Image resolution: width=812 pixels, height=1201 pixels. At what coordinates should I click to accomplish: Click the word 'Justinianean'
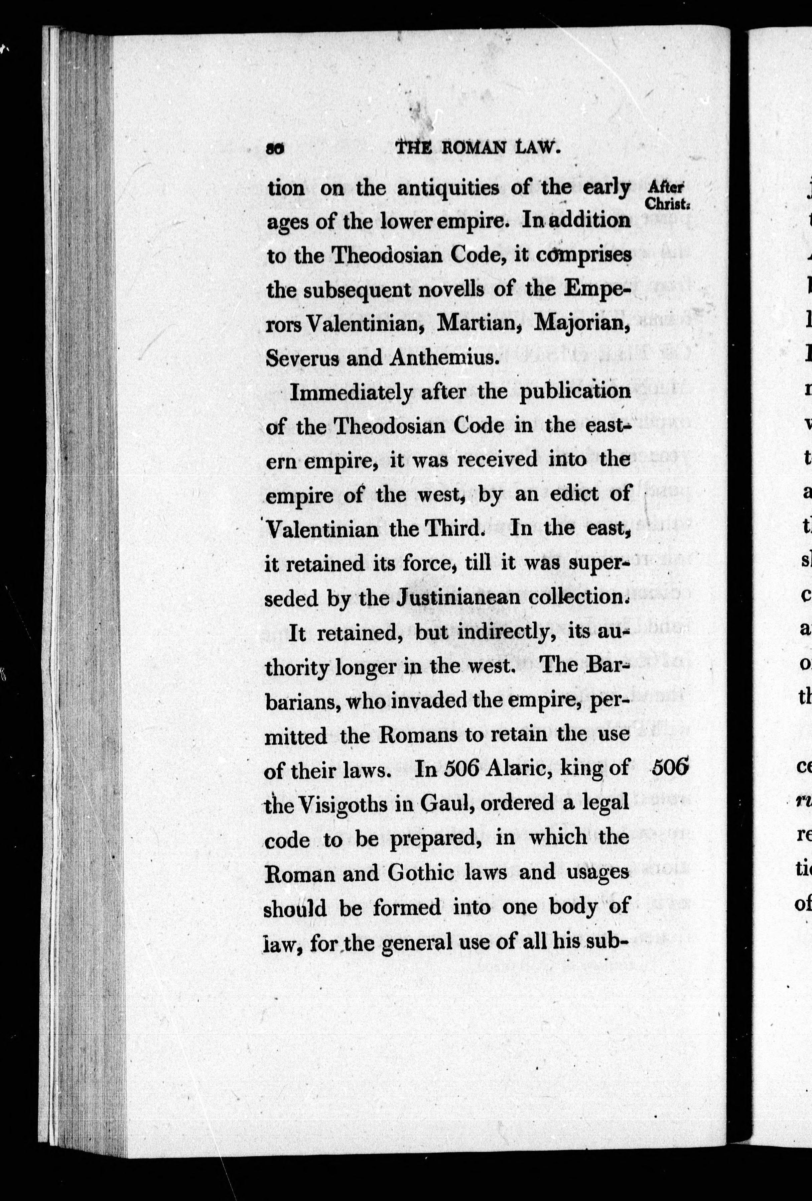point(454,597)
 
